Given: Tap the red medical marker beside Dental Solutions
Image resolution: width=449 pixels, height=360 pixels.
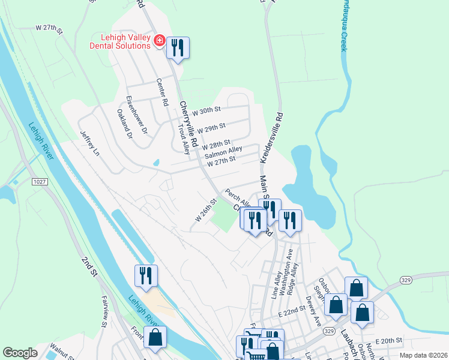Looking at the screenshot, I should click(x=160, y=41).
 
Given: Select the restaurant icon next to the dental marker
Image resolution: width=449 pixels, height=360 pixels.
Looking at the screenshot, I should click(x=177, y=47).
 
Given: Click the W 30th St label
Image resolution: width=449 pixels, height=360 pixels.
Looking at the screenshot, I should click(x=206, y=110).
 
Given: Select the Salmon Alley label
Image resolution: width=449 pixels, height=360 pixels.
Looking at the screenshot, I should click(x=223, y=152).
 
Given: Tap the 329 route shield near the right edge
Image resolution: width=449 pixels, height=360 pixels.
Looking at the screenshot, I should click(x=405, y=280).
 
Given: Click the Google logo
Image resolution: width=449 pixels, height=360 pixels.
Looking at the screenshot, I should click(x=20, y=353).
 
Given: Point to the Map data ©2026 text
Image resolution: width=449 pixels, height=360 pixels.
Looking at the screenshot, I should click(x=423, y=355).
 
